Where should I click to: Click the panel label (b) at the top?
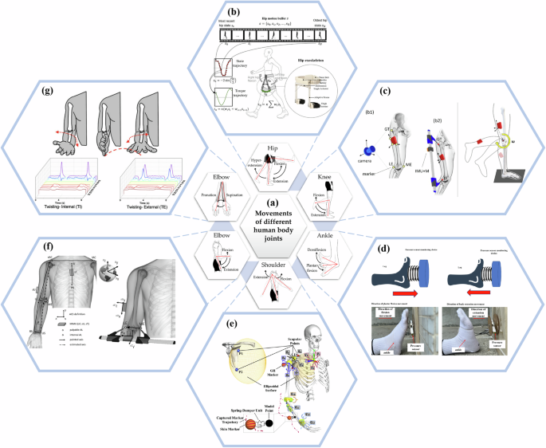pos(273,13)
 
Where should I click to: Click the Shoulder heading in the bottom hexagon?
pos(272,263)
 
